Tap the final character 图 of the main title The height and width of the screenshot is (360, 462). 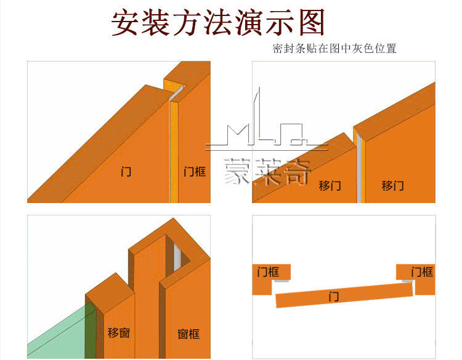click(309, 23)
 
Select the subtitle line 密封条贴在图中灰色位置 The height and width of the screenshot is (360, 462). click(334, 49)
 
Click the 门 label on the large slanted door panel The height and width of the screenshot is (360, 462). click(126, 172)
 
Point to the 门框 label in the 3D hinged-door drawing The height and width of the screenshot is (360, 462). click(195, 172)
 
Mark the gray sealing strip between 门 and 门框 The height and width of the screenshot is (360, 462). click(171, 148)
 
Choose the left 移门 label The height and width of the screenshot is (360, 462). click(330, 185)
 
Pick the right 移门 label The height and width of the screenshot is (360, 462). click(392, 185)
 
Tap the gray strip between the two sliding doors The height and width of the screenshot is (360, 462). click(357, 166)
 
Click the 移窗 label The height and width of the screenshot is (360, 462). click(119, 333)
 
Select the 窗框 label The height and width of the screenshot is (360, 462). click(188, 334)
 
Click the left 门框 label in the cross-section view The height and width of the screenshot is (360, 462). click(268, 271)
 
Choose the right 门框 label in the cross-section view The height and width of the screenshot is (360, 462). click(422, 271)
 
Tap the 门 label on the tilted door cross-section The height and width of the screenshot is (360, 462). click(334, 297)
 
